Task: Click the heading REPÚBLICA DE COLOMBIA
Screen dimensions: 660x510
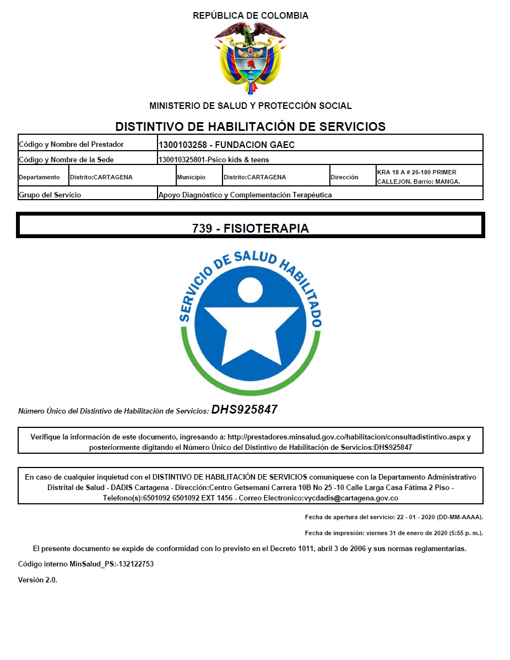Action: click(251, 16)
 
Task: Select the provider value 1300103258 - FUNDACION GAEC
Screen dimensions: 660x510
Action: click(226, 145)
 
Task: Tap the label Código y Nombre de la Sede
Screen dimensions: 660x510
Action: click(70, 160)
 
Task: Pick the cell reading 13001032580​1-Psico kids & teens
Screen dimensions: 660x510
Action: click(214, 160)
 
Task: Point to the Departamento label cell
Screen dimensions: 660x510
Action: click(40, 178)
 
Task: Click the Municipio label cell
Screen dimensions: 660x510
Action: click(191, 178)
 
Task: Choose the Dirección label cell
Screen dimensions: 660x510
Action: click(344, 177)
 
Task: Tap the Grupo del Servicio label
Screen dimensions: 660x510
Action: click(50, 195)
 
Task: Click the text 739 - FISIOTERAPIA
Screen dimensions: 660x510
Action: click(251, 228)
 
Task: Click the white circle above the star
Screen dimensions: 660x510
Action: click(251, 290)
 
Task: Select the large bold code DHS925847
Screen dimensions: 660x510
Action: click(245, 410)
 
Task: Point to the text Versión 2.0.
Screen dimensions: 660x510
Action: click(37, 580)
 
